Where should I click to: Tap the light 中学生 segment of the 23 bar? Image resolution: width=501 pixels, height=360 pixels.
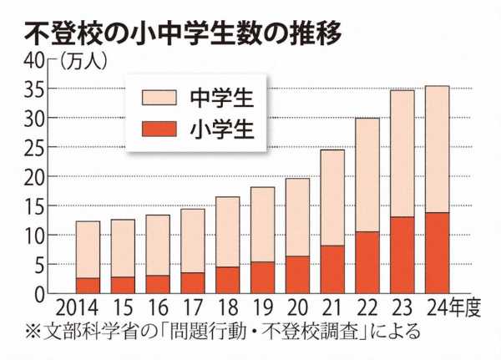point(402,154)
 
